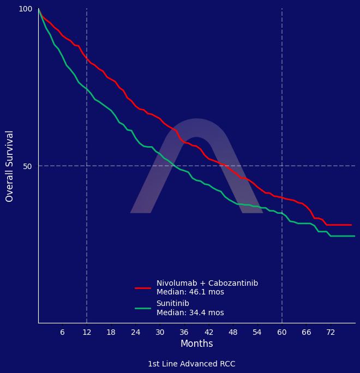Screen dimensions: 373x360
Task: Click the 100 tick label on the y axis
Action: pos(25,9)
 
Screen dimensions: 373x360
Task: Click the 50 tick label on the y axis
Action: pos(27,166)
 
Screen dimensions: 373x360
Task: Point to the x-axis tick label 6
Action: pos(62,332)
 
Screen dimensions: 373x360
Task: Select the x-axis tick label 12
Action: pos(87,332)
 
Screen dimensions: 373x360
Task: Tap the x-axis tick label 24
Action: pos(135,332)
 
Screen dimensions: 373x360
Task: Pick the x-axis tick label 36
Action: pos(184,332)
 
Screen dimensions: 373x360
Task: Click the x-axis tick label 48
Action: pos(233,332)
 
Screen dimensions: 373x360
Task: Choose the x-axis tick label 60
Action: pos(282,332)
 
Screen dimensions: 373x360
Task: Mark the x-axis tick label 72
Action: pos(331,332)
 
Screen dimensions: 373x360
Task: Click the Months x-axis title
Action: pos(196,344)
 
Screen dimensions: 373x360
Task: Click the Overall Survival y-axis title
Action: pos(10,166)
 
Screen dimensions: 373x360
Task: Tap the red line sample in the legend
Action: pos(143,288)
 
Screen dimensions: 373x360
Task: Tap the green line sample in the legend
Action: pos(143,308)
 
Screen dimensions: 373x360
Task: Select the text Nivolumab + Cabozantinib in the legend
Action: pos(207,284)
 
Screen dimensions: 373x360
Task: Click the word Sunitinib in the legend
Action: pos(173,304)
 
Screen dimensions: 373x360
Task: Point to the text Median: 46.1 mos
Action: pos(190,292)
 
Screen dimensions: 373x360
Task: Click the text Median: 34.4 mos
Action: pos(190,313)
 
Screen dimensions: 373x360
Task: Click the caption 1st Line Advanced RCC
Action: pos(191,364)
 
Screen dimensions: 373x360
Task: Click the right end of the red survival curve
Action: pos(351,225)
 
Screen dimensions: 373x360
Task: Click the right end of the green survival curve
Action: pos(355,236)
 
